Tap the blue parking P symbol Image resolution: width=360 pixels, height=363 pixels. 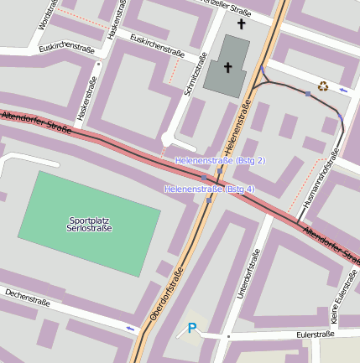point(192,328)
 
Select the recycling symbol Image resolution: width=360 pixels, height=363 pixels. point(324,85)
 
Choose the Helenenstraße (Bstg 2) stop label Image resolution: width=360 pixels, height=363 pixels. point(219,160)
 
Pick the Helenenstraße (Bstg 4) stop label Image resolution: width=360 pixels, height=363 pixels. point(209,189)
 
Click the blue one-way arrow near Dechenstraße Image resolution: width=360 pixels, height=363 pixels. point(129,328)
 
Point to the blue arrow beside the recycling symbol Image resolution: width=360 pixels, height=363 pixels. point(343,87)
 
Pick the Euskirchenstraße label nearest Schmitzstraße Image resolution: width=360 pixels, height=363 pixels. point(157,44)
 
